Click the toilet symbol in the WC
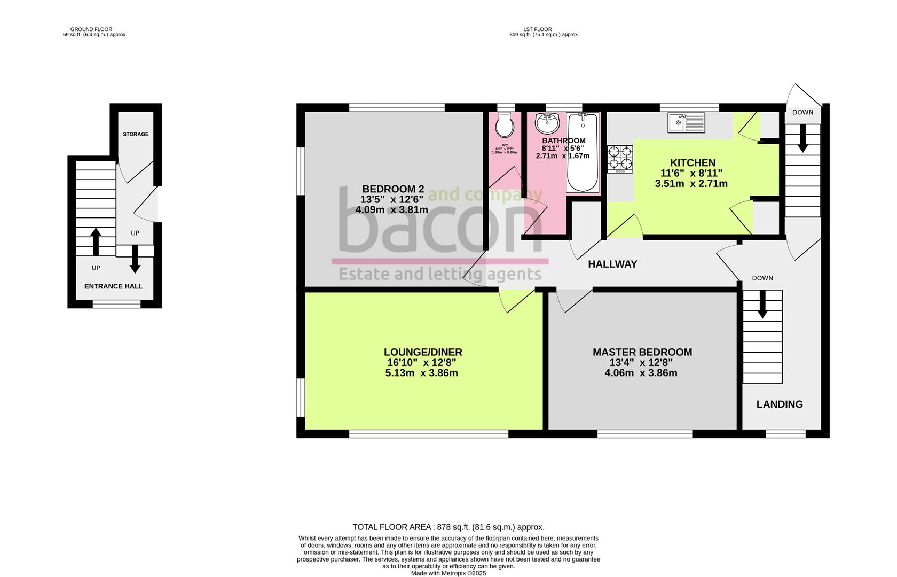tap(505, 126)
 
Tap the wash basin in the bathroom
tap(547, 124)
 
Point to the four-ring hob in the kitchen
tap(620, 159)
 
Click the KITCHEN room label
tap(693, 163)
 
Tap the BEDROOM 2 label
tap(393, 189)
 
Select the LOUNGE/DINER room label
tap(423, 352)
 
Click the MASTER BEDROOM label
tap(642, 352)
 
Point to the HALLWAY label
tap(612, 264)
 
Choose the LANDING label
tap(780, 404)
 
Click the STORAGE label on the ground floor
tap(136, 134)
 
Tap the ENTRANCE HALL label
tap(114, 286)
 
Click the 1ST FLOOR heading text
tap(538, 29)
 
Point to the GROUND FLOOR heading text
tap(91, 29)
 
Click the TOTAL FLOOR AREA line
tap(448, 527)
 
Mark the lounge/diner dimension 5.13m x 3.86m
tap(421, 373)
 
